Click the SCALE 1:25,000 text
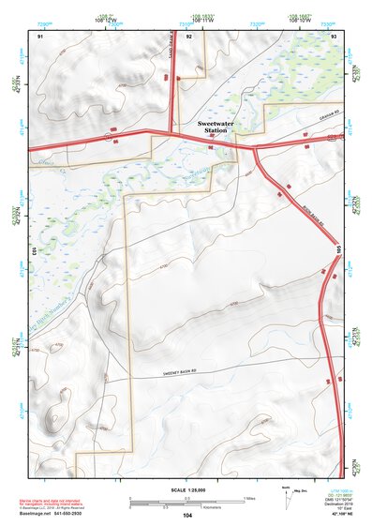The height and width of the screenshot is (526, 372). (x=188, y=489)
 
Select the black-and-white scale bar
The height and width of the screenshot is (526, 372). (x=187, y=499)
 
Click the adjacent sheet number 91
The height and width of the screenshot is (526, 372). (x=40, y=35)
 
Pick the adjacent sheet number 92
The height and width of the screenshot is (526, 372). (x=189, y=35)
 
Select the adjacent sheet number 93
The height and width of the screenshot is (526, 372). (x=335, y=35)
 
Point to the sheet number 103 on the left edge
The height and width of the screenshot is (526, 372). (x=33, y=252)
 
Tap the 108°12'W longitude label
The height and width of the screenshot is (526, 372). (x=104, y=19)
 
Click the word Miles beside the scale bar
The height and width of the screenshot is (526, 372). (x=248, y=497)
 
